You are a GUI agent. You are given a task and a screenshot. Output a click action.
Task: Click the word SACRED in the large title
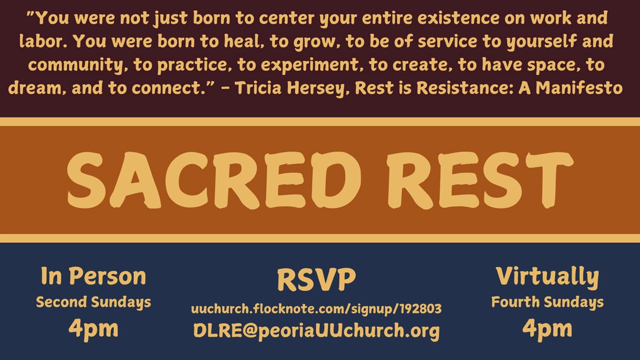tap(214, 180)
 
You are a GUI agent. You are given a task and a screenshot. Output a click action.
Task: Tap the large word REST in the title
tap(479, 180)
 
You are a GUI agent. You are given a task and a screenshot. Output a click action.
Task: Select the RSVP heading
tap(316, 279)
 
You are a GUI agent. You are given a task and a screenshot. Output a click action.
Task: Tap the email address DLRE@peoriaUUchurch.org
tap(316, 331)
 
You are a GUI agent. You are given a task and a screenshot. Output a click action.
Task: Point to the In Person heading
tap(93, 276)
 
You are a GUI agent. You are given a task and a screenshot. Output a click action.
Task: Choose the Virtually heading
tap(547, 277)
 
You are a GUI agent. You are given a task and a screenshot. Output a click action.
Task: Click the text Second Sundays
tap(93, 302)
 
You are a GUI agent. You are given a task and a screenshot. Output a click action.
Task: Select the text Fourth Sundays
tap(547, 302)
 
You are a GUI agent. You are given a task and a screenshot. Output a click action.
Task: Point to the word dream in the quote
tap(37, 87)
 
